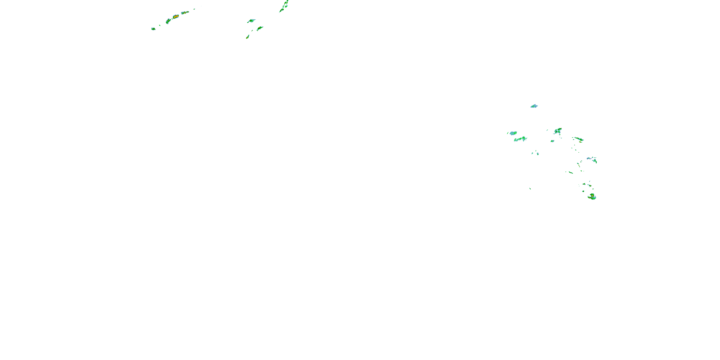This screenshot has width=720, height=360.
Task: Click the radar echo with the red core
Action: click(x=175, y=17)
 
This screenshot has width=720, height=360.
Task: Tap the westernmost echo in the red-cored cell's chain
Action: click(x=153, y=29)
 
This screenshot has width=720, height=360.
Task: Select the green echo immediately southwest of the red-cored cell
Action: click(x=168, y=21)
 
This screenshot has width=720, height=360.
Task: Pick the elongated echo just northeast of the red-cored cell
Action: click(x=185, y=12)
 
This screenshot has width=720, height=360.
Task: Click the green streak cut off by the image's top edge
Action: click(x=285, y=6)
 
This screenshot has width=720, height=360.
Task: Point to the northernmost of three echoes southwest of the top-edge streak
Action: click(x=251, y=21)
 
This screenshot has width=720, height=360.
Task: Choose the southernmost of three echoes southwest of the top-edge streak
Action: click(x=248, y=37)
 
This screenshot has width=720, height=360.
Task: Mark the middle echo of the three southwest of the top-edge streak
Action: click(x=260, y=28)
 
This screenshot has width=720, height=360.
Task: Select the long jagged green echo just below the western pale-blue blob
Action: click(x=520, y=139)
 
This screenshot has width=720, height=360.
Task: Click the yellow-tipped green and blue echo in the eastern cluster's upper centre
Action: click(x=558, y=131)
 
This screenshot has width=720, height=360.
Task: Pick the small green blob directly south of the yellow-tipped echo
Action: click(x=552, y=141)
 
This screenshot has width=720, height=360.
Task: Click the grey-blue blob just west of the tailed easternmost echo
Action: click(x=589, y=158)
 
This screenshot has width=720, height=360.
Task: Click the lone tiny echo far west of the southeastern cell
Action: click(x=530, y=189)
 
